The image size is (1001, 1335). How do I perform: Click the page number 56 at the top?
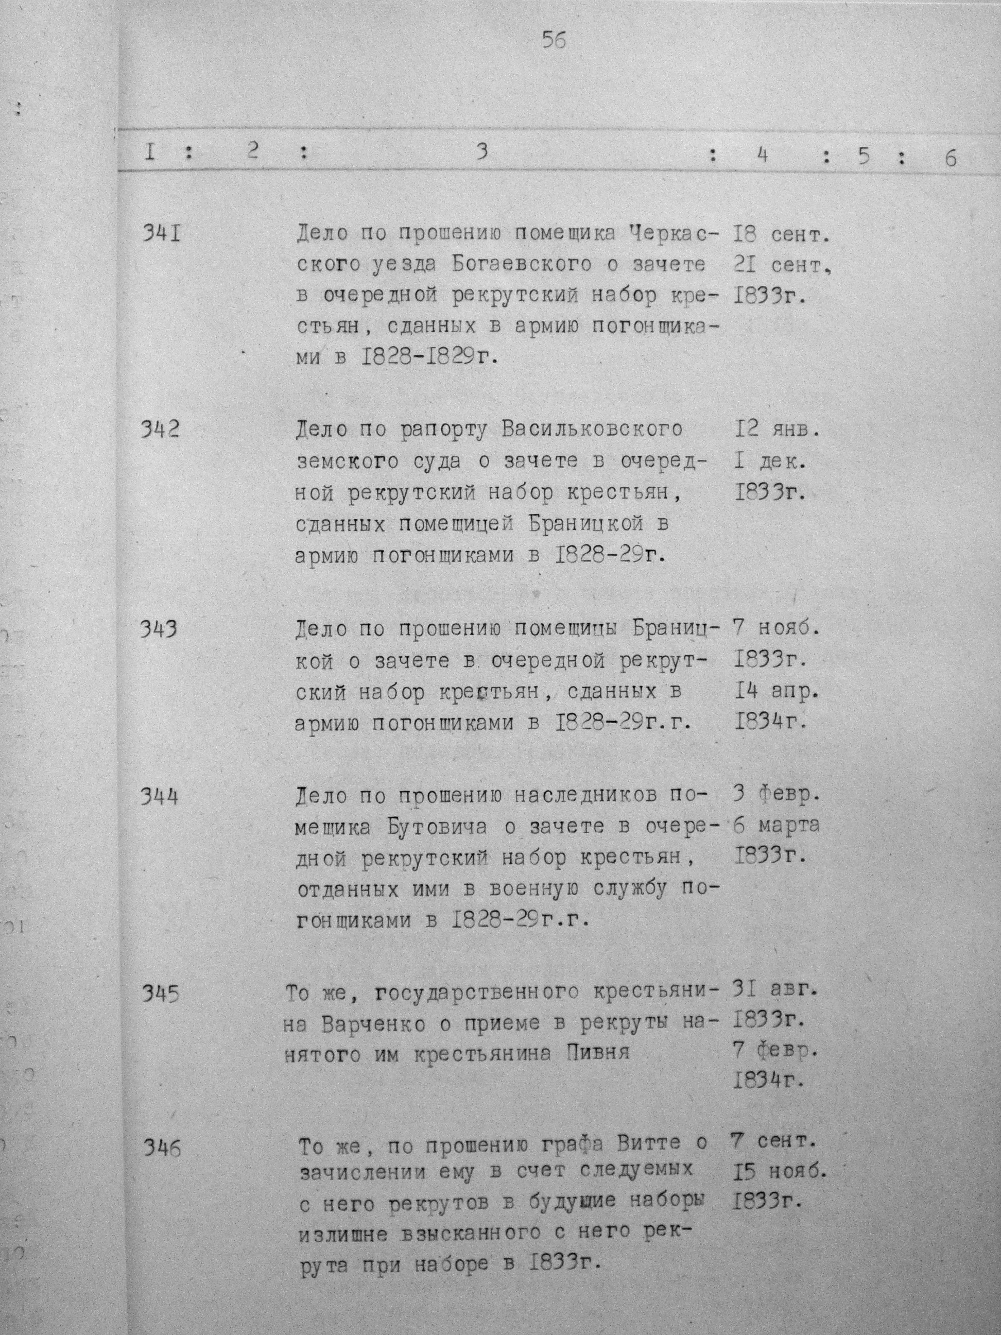(554, 41)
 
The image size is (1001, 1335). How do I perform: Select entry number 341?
(161, 232)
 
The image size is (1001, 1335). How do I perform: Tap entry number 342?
(161, 430)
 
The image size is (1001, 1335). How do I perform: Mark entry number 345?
(161, 994)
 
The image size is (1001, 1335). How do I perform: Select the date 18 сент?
(781, 235)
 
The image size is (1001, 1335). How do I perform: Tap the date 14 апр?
(777, 692)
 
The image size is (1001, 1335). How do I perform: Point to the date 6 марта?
(776, 825)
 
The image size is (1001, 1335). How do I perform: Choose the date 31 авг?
(775, 990)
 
